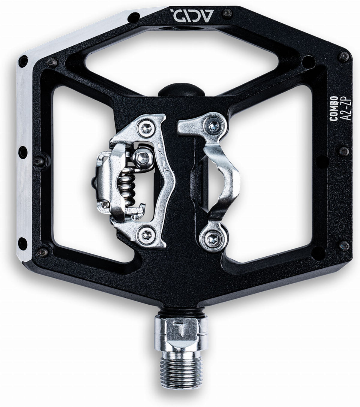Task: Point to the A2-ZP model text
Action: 345,109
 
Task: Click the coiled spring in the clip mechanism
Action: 126,185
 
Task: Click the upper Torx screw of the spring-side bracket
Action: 146,128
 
